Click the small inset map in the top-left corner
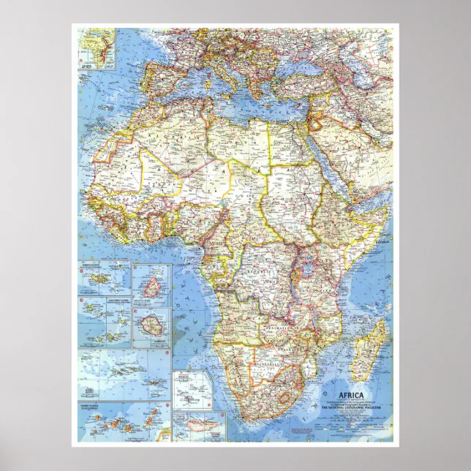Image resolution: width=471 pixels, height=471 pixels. [98, 48]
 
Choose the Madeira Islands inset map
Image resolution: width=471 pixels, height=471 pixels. [105, 277]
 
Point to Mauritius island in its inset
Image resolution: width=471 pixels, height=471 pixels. [151, 285]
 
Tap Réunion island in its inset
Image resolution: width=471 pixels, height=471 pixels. [151, 326]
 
